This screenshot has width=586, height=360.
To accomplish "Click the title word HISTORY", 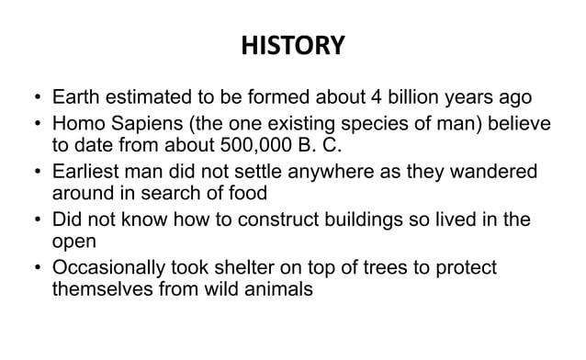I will pos(293,45).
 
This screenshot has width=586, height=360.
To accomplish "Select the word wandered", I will pos(507,173).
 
